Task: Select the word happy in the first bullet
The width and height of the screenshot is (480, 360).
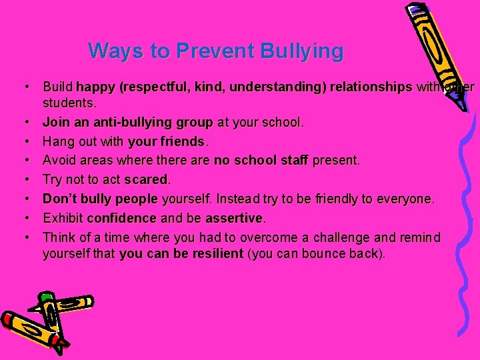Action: point(93,87)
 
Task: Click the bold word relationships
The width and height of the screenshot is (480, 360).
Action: point(371,87)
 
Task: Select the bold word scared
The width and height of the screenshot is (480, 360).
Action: point(146,179)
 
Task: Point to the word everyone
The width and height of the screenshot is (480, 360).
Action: point(407,199)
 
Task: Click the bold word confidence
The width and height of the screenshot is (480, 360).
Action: point(121,218)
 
